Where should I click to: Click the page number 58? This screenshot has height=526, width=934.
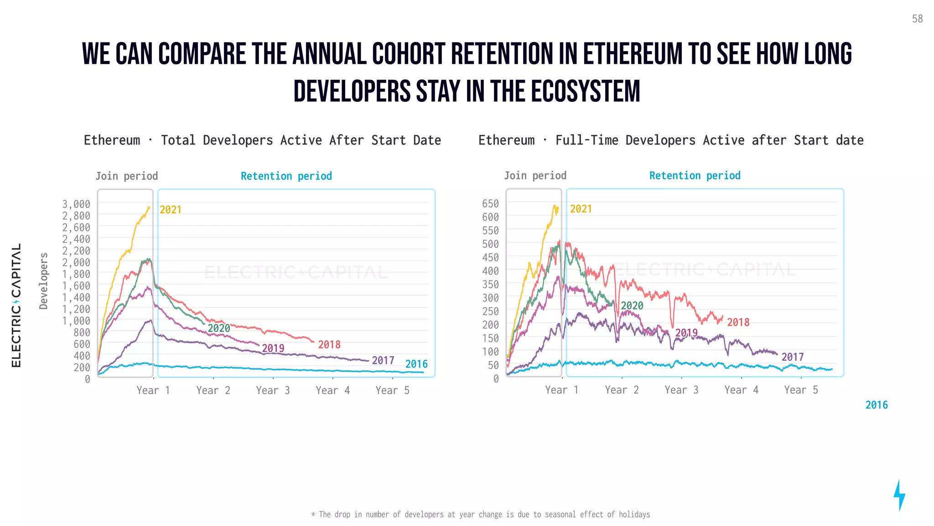tap(917, 19)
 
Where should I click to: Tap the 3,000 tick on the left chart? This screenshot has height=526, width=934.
tap(76, 204)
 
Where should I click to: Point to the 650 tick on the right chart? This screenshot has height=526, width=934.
tap(490, 203)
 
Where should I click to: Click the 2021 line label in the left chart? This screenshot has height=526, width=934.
tap(171, 210)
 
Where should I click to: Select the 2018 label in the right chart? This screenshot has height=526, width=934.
tap(738, 322)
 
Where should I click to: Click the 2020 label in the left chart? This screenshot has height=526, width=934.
tap(219, 328)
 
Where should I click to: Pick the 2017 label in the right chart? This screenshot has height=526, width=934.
tap(793, 357)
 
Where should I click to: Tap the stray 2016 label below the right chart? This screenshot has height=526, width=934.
tap(877, 405)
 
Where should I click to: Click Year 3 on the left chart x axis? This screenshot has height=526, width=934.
tap(273, 390)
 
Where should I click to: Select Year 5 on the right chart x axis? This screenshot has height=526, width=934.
tap(801, 390)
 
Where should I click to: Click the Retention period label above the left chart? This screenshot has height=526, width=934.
tap(286, 176)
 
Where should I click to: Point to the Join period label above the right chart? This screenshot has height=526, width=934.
tap(535, 175)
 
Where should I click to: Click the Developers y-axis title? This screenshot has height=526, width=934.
tap(44, 281)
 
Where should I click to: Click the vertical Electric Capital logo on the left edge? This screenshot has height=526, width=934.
tap(16, 305)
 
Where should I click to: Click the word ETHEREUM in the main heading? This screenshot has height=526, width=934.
tap(633, 54)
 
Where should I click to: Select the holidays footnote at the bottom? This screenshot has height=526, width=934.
tap(481, 514)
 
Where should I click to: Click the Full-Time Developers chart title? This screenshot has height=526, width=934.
tap(670, 140)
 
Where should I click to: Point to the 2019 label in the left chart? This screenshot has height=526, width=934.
tap(273, 348)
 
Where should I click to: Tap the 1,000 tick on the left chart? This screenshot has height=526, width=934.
tap(76, 321)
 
